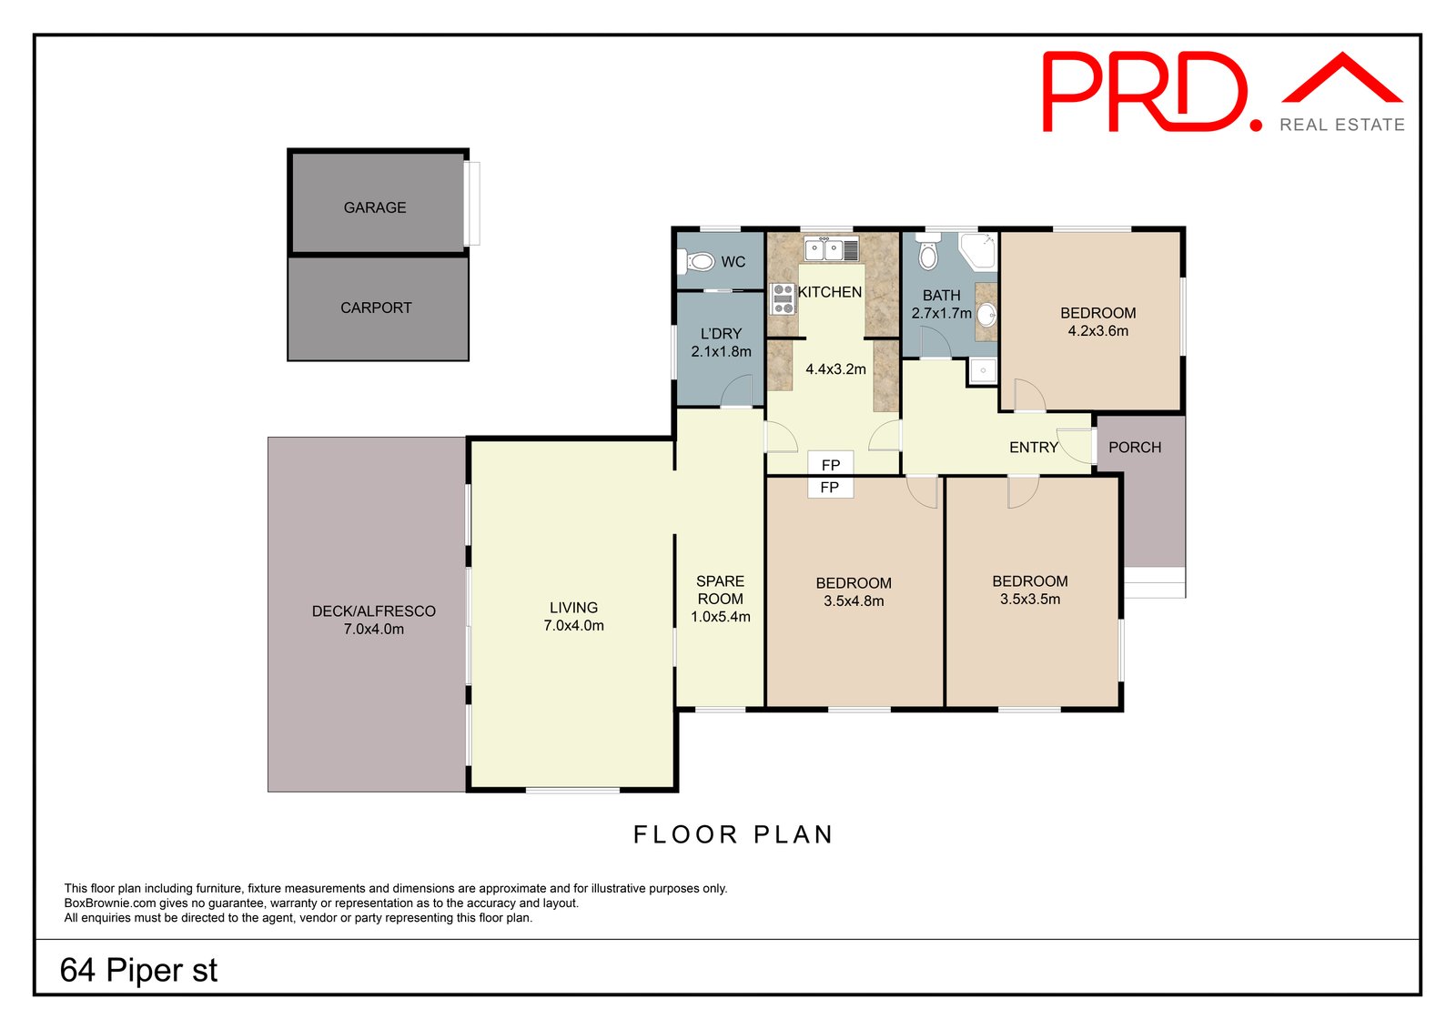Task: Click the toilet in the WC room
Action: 698,262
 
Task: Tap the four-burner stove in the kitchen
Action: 783,298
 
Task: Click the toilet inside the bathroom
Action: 927,254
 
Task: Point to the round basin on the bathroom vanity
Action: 987,315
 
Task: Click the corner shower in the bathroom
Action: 979,250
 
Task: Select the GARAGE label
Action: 375,207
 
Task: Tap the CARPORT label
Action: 376,308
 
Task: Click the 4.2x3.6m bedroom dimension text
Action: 1097,331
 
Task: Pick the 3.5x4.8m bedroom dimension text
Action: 854,600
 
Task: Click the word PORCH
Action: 1135,448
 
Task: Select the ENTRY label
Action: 1034,448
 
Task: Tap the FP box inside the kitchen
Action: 830,464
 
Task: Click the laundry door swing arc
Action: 736,390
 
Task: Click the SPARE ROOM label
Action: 720,590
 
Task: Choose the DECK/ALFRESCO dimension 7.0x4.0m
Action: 373,629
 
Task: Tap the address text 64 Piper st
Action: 138,970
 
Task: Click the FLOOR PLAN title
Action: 733,834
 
